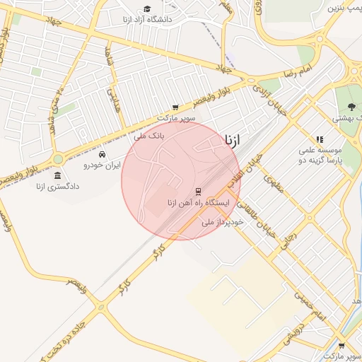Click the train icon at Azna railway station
[x=198, y=191]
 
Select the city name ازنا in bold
[x=237, y=140]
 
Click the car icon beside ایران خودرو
[x=103, y=154]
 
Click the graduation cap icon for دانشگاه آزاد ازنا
[x=146, y=9]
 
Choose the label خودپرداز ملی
[x=222, y=222]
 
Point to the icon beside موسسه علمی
[x=320, y=140]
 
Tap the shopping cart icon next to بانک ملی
[x=175, y=107]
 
